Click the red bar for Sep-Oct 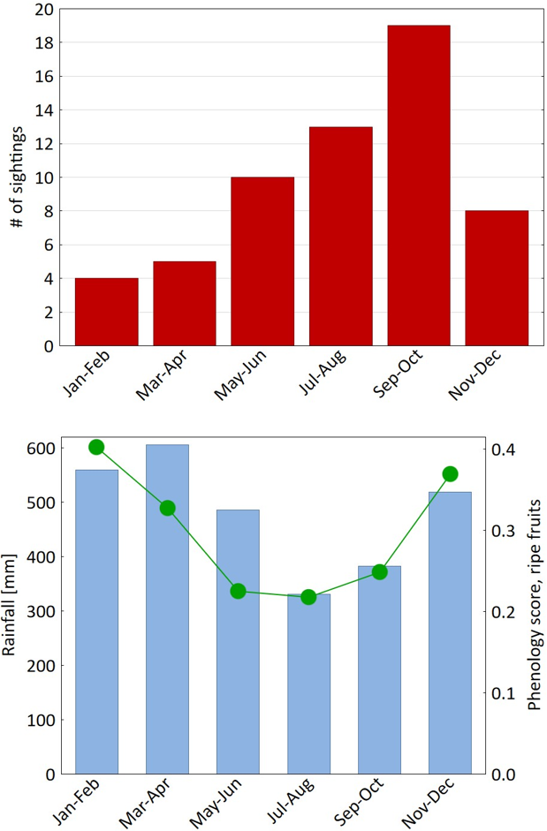tap(418, 185)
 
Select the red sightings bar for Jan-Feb tap(106, 312)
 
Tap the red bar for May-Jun tap(262, 261)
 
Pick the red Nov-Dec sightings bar tap(497, 278)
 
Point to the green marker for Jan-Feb tap(96, 447)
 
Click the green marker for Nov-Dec tap(450, 474)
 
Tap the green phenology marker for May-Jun tap(238, 591)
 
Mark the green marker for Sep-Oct tap(379, 571)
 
